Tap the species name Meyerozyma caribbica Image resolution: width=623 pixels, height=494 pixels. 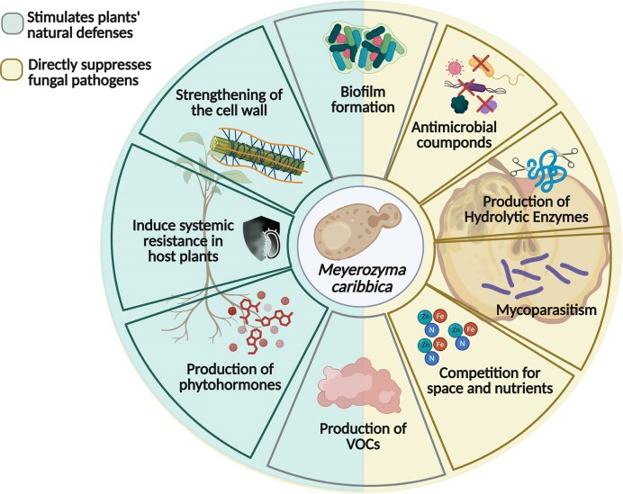tap(362, 278)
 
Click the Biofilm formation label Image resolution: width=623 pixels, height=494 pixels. tap(363, 99)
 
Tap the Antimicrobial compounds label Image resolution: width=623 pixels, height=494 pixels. tap(454, 135)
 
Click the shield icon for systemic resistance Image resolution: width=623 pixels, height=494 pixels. tap(261, 238)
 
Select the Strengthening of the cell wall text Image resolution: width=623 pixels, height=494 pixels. tap(229, 102)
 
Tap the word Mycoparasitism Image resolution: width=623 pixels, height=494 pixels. tap(546, 310)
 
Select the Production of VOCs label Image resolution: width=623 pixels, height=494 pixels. tap(363, 436)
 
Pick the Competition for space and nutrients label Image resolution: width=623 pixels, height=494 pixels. tap(490, 380)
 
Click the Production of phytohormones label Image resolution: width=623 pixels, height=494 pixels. tap(230, 377)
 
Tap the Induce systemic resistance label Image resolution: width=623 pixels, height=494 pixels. tap(183, 240)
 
